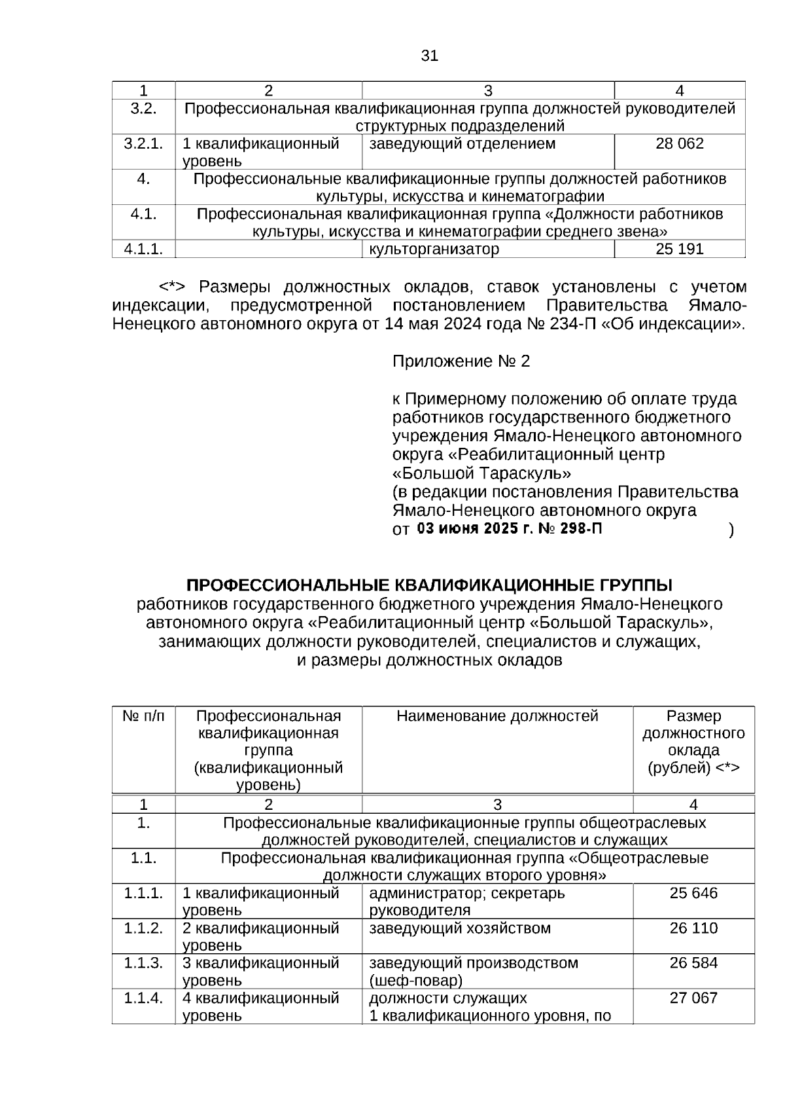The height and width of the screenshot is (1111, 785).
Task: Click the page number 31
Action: click(x=429, y=56)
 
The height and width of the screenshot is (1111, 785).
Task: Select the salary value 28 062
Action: click(x=680, y=143)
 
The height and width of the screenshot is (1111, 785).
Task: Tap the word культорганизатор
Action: click(x=434, y=249)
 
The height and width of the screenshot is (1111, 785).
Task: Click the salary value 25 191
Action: click(x=680, y=249)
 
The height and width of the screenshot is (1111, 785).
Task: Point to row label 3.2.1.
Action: click(x=143, y=143)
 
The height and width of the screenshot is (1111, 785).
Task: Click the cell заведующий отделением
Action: click(x=462, y=143)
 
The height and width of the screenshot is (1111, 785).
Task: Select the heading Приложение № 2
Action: click(x=461, y=361)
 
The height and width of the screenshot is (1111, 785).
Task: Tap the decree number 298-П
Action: click(x=582, y=530)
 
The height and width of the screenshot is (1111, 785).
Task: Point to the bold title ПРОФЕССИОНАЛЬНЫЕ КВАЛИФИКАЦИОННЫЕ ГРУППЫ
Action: click(x=429, y=585)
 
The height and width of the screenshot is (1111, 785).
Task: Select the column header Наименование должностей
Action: click(x=497, y=716)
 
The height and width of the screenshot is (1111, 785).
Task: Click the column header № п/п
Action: click(x=143, y=716)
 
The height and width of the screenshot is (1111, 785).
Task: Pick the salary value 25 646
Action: click(x=693, y=893)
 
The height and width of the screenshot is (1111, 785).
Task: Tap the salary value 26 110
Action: click(x=693, y=928)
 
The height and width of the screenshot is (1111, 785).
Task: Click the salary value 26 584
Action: click(x=693, y=963)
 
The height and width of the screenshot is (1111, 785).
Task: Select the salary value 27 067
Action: click(x=693, y=998)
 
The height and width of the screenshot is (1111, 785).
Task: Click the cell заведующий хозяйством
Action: click(x=460, y=928)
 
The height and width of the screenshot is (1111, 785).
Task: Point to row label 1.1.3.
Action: click(x=143, y=963)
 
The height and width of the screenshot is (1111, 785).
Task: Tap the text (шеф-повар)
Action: click(x=415, y=981)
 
